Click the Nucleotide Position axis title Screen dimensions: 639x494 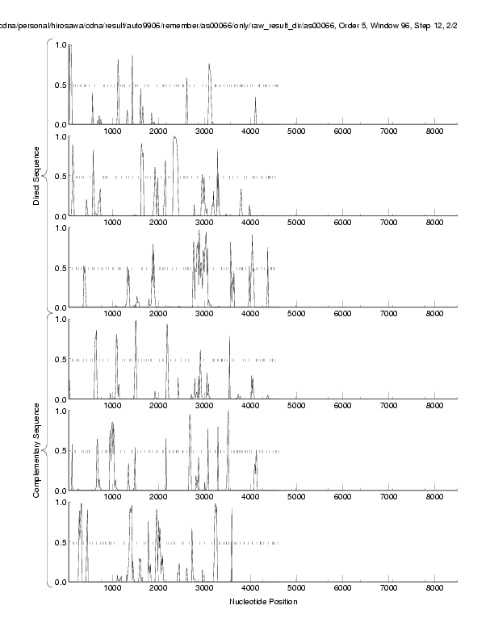pos(263,602)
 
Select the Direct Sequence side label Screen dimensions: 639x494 pos(37,176)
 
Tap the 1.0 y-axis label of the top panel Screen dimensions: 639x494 pos(59,44)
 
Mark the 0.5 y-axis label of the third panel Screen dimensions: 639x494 pos(59,268)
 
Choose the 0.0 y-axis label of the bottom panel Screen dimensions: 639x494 pos(59,582)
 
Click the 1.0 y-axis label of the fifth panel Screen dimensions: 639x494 pos(59,411)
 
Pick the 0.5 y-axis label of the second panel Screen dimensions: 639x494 pos(59,177)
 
